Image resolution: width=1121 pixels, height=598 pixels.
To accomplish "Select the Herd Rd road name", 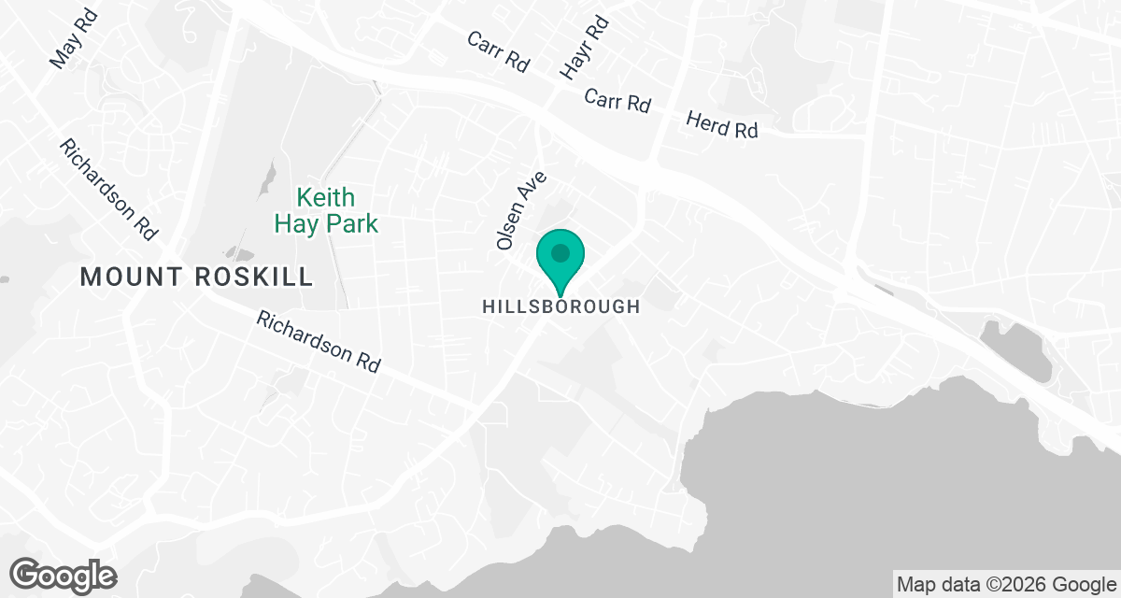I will tap(722, 125).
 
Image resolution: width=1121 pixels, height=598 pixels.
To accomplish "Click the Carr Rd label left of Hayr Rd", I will tap(499, 51).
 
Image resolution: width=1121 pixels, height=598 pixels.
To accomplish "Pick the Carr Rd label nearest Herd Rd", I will tap(617, 101).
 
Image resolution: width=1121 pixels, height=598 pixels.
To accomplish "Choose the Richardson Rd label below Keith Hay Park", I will tap(319, 343).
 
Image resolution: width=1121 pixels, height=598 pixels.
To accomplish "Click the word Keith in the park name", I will tap(326, 198).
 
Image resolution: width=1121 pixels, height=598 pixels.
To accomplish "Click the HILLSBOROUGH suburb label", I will tap(560, 306).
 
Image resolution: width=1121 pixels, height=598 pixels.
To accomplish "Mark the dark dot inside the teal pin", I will tap(560, 252).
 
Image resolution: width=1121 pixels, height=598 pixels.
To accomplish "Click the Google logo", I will tap(64, 575).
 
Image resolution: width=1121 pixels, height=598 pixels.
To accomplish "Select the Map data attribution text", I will tap(1005, 585).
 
